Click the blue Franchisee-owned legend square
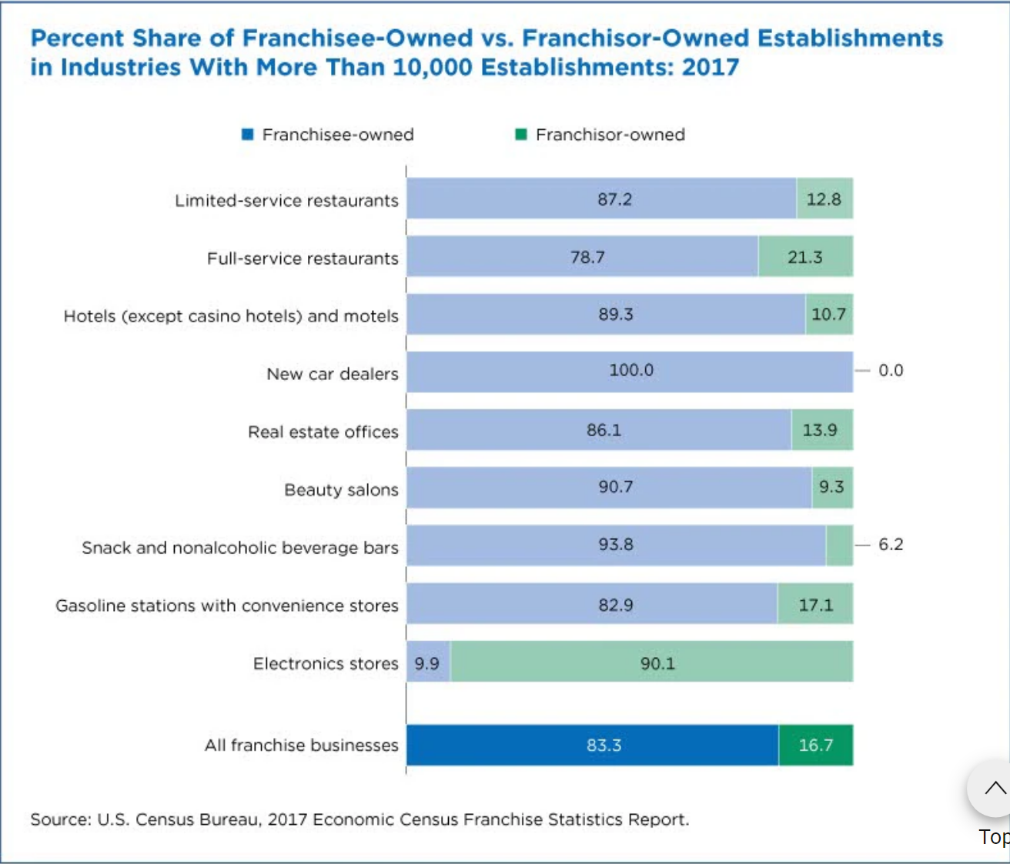coord(247,135)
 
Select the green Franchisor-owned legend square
coord(520,135)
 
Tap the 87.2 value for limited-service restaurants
coord(614,199)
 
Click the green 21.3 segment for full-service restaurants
coord(805,257)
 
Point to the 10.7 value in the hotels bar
coord(828,314)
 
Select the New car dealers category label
coord(333,374)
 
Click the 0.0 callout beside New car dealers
coord(891,370)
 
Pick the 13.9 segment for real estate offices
coord(821,430)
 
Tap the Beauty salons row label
coord(341,490)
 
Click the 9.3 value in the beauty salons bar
coord(831,487)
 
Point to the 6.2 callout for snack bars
coord(891,544)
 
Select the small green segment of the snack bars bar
coord(839,545)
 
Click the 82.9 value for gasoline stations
coord(616,605)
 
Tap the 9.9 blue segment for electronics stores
coord(427,663)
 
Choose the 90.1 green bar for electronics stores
coord(657,663)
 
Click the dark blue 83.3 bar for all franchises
coord(604,746)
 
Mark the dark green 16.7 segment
coord(816,746)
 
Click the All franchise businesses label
coord(302,746)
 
